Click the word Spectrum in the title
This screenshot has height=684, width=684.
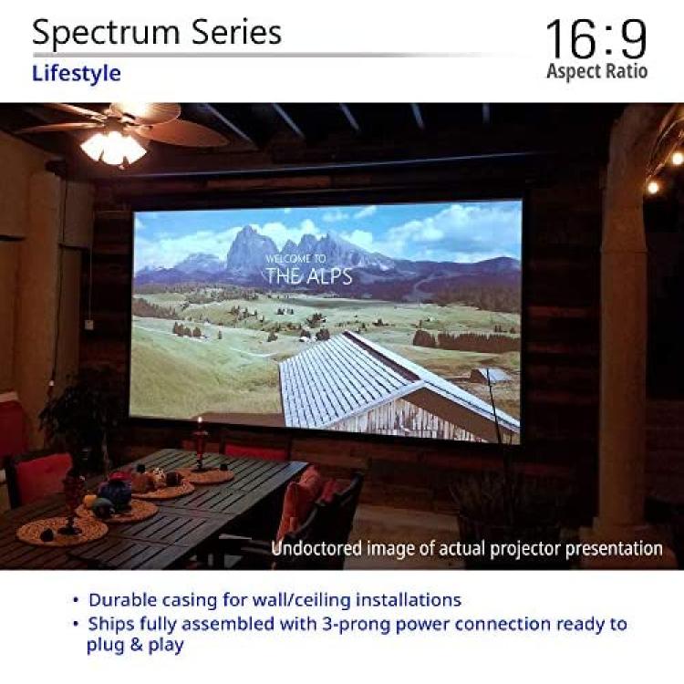pyautogui.click(x=106, y=34)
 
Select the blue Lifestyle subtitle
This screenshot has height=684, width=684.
pyautogui.click(x=77, y=74)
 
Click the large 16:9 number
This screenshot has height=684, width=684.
pyautogui.click(x=596, y=39)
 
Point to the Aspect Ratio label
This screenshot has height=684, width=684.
pyautogui.click(x=596, y=71)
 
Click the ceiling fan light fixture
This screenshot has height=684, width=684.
pyautogui.click(x=113, y=148)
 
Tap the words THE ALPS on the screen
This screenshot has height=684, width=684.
pyautogui.click(x=309, y=275)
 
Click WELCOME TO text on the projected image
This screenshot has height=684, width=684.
pyautogui.click(x=295, y=258)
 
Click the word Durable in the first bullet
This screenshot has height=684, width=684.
pyautogui.click(x=122, y=600)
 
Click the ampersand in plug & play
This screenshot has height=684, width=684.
pyautogui.click(x=136, y=644)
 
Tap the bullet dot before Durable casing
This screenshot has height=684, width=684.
pyautogui.click(x=77, y=601)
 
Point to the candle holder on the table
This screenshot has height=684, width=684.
pyautogui.click(x=201, y=445)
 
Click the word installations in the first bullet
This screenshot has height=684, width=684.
pyautogui.click(x=409, y=600)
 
